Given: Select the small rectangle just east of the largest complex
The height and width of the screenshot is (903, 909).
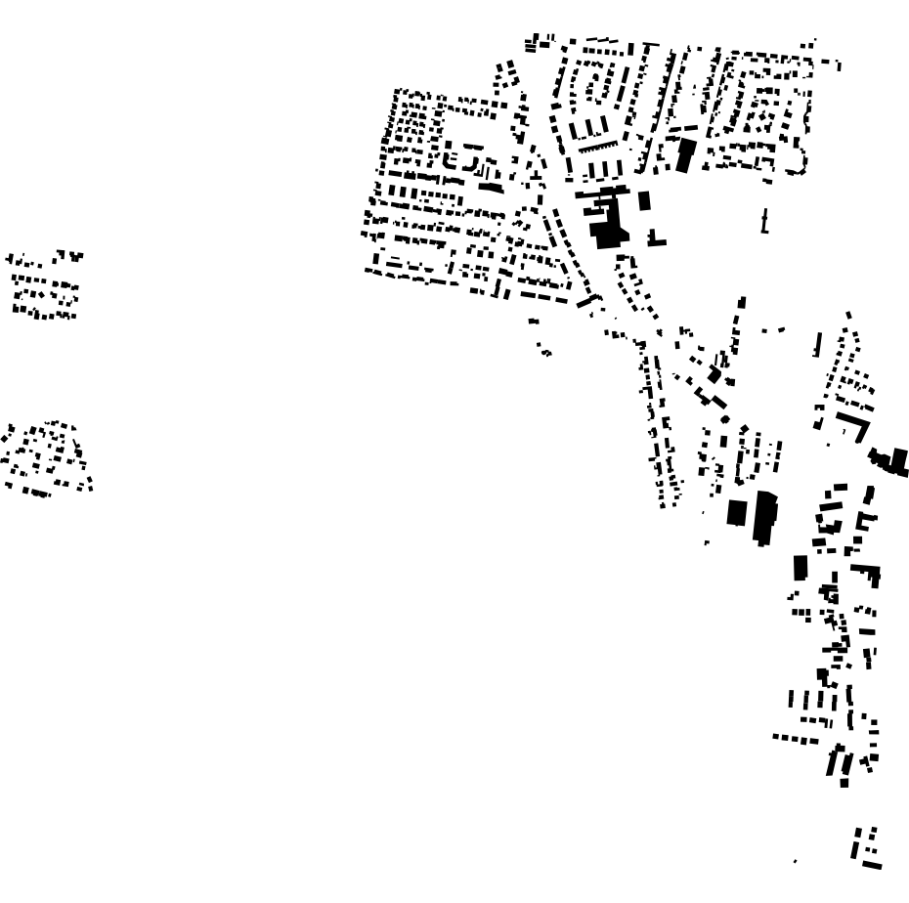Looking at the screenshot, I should tap(644, 200).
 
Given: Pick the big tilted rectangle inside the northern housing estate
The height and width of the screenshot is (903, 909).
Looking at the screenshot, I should tap(685, 155).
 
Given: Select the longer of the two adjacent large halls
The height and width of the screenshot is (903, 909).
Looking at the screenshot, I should tap(765, 516).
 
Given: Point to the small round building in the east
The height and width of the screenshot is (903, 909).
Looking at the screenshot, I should tap(724, 419).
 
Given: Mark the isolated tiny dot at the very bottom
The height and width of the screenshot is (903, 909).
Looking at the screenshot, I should tap(795, 862).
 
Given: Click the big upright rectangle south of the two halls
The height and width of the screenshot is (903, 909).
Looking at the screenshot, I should tap(801, 568).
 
